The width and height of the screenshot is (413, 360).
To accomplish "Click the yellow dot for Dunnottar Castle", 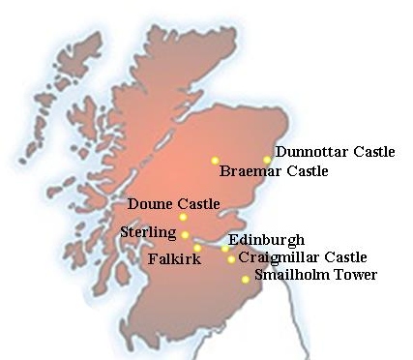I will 267,160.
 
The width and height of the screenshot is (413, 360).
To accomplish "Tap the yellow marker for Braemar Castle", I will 216,161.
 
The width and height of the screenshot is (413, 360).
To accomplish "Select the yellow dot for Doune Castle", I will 183,217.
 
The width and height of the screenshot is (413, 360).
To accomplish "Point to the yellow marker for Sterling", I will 185,235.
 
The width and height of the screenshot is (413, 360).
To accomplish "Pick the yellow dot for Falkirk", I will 197,249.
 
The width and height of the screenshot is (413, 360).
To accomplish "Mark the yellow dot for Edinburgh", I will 225,249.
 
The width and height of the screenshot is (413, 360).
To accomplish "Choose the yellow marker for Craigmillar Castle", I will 231,259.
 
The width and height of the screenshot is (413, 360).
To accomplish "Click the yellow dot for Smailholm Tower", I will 246,280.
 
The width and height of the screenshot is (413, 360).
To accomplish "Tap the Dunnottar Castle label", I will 335,152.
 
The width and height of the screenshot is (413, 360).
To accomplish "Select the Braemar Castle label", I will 274,172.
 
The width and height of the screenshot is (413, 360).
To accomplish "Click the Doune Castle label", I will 173,204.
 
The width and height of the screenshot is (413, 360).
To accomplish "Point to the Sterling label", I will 148,232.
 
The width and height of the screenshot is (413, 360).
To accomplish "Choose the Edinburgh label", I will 267,240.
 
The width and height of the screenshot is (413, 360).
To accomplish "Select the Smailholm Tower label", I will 315,276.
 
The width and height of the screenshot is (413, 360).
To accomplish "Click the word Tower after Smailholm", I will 354,276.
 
